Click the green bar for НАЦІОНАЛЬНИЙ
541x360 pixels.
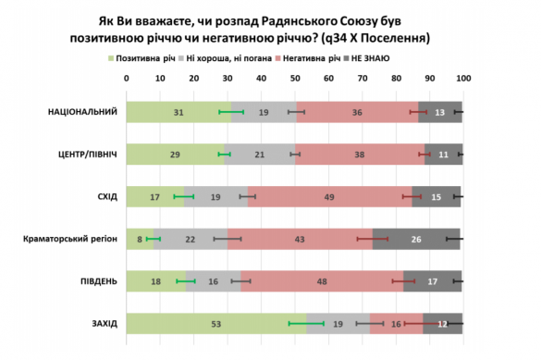166,112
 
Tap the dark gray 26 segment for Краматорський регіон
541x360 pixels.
417,239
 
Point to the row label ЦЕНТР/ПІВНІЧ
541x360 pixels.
84,154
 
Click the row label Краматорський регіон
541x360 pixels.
70,239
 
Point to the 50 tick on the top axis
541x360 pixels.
294,79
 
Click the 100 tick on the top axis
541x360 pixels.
461,79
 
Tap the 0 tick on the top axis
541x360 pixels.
127,79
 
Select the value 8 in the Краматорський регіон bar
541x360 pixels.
140,239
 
